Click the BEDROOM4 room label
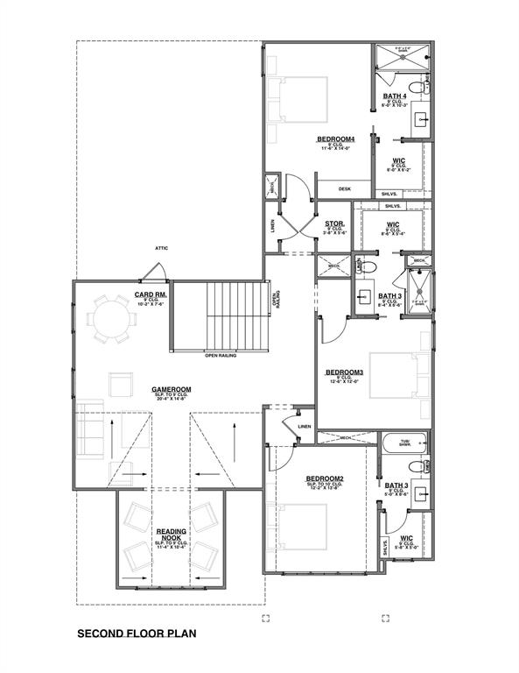[x=335, y=139]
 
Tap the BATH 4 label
[x=395, y=96]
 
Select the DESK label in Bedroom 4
[x=344, y=188]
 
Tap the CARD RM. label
[x=150, y=294]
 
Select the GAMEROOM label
[x=171, y=389]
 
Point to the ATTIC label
[x=161, y=248]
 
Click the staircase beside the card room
[x=235, y=315]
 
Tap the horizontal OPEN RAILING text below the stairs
[x=222, y=355]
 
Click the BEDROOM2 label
[x=324, y=478]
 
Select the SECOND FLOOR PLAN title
[x=137, y=633]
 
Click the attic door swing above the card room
[x=165, y=273]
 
